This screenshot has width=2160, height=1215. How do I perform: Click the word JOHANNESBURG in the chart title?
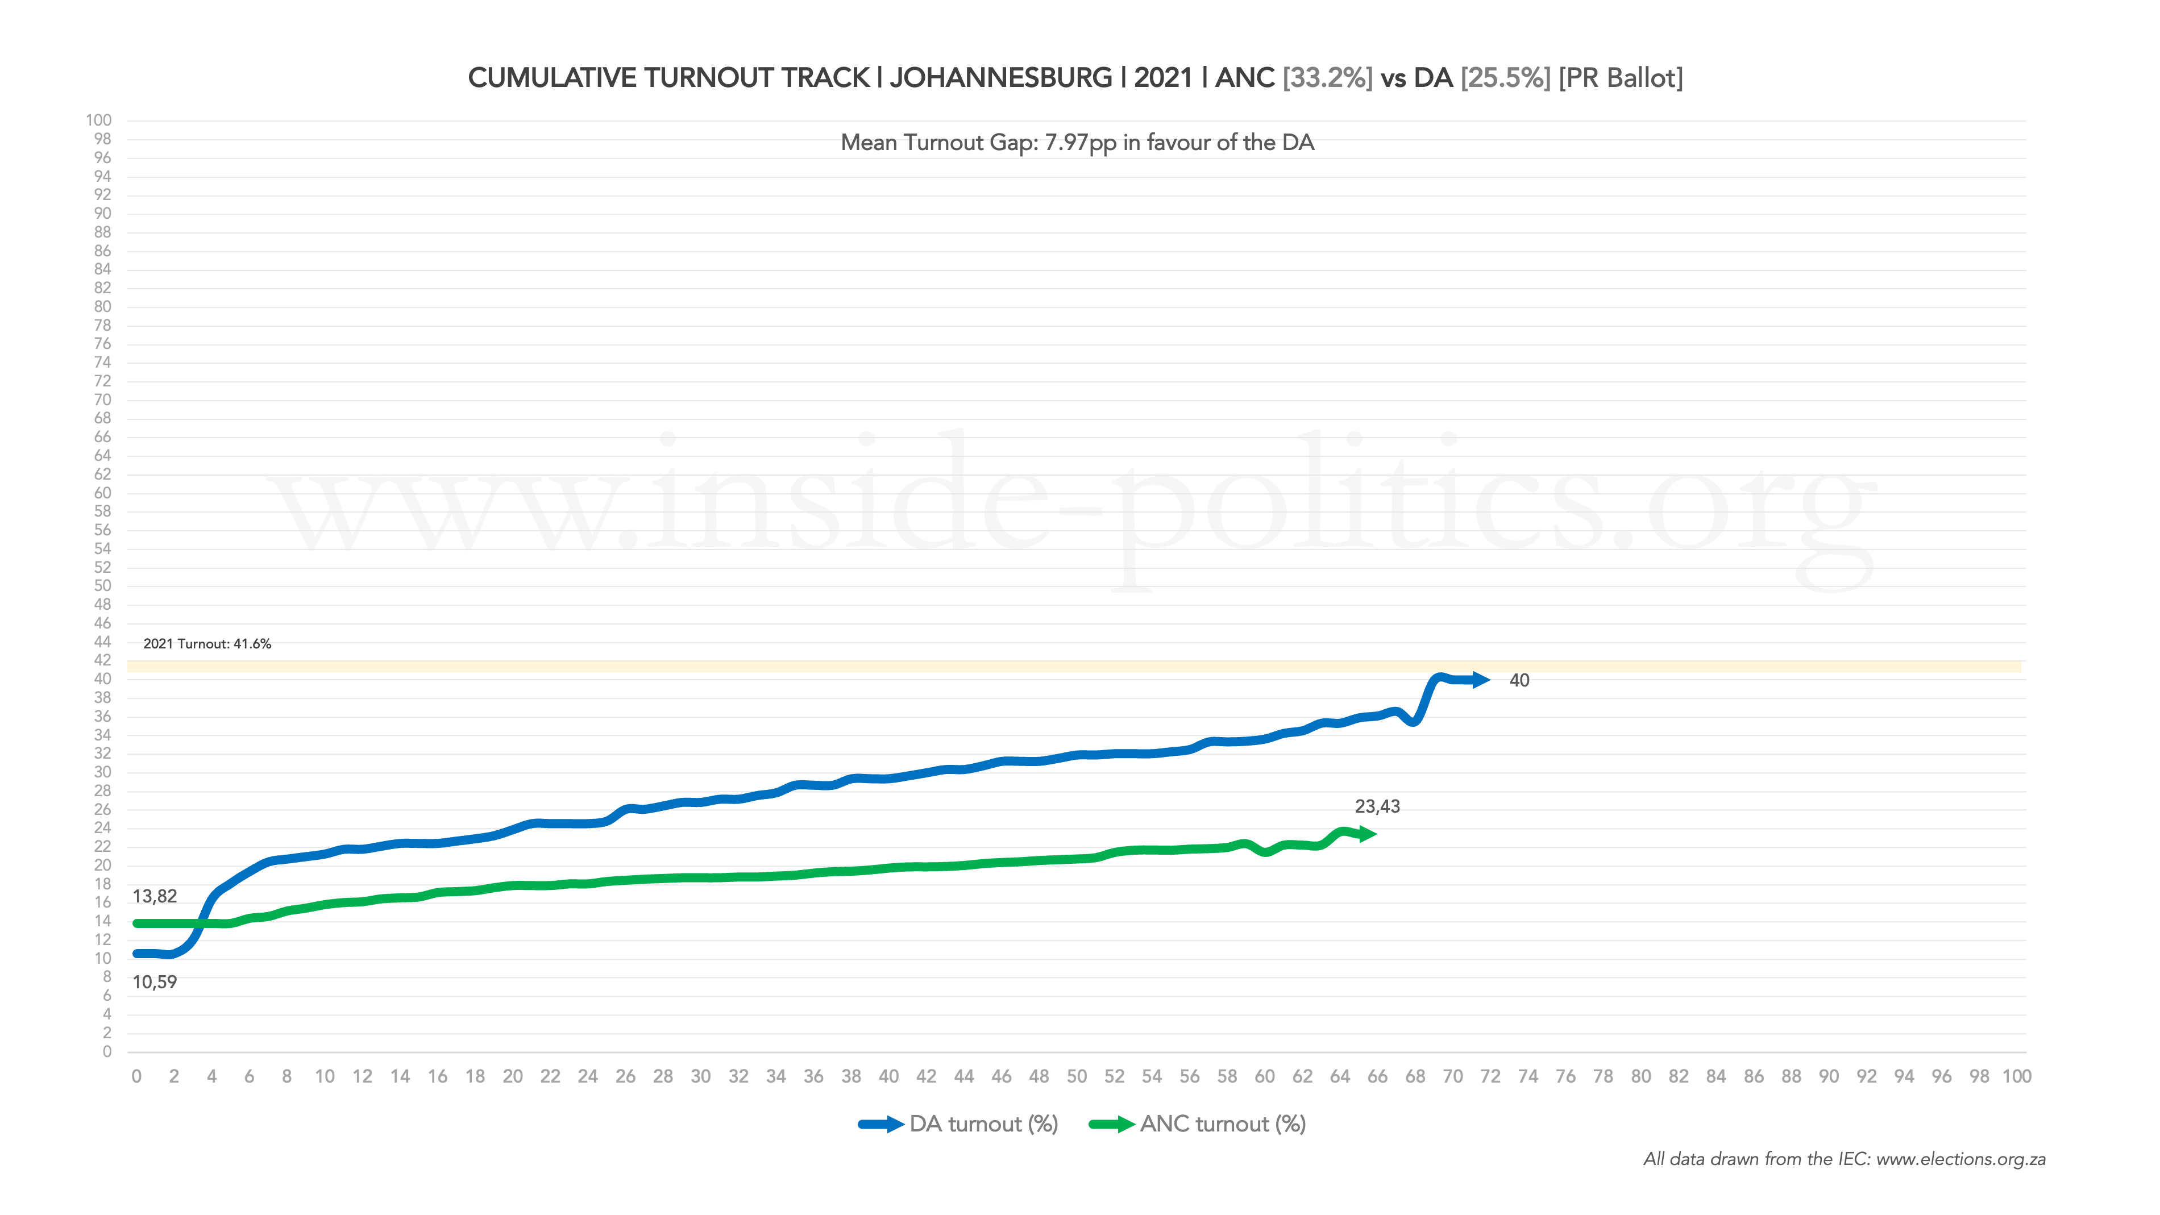(x=1000, y=78)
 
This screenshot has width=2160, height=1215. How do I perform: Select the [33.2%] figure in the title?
(x=1327, y=78)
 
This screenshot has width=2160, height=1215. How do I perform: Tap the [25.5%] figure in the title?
(x=1505, y=78)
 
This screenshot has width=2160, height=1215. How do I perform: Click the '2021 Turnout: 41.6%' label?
(x=207, y=644)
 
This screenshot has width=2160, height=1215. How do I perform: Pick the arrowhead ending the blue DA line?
(x=1481, y=680)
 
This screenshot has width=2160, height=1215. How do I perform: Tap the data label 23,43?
(x=1377, y=806)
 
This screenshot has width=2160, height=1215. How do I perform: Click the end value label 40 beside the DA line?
(x=1519, y=681)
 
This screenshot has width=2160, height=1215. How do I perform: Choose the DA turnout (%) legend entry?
(x=958, y=1125)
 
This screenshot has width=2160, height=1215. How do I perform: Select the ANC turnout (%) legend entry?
(x=1198, y=1125)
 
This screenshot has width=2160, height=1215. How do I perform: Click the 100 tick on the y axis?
(x=98, y=120)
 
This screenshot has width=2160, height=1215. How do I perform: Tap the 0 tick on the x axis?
(x=136, y=1077)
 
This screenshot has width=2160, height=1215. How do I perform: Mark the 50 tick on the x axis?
(x=1077, y=1077)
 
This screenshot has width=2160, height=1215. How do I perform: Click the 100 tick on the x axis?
(x=2017, y=1077)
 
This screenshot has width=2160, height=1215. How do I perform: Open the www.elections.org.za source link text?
(x=1960, y=1160)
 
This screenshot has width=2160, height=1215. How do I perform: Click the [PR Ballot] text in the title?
(x=1620, y=78)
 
